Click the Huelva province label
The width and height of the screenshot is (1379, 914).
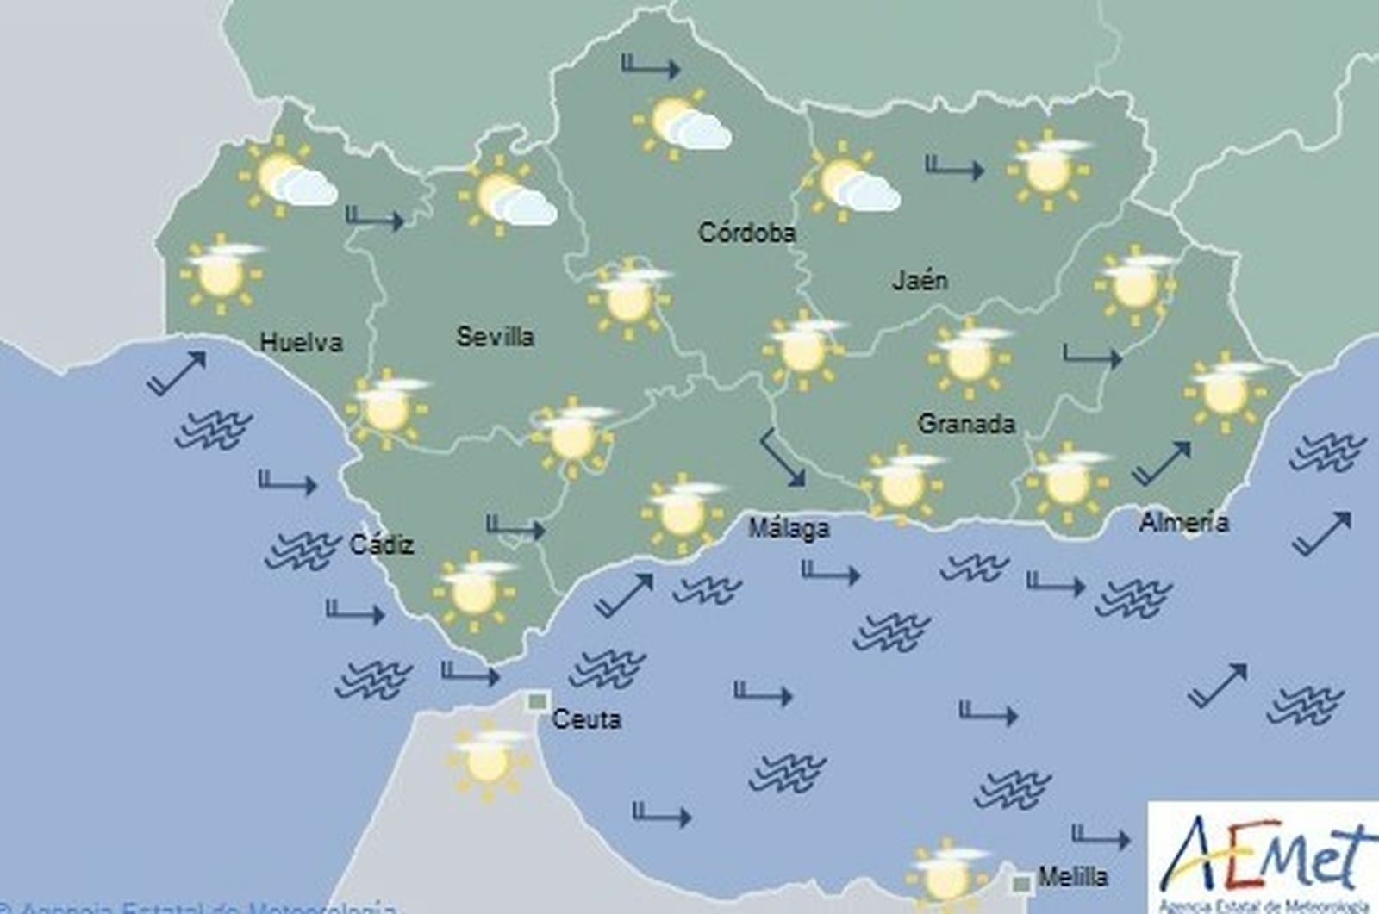coord(301,343)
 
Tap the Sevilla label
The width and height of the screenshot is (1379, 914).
coord(495,336)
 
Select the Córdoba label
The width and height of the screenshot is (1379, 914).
coord(746,233)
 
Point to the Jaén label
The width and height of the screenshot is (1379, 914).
coord(920,280)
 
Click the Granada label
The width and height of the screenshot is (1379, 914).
coord(966,423)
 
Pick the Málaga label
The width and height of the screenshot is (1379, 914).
coord(789,528)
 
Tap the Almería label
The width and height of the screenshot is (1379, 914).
coord(1183,522)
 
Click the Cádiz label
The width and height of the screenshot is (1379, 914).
coord(382,544)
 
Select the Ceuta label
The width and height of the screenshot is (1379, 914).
coord(586,718)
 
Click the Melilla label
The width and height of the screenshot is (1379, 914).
coord(1073,878)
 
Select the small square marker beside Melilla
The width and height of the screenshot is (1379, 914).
coord(1023,882)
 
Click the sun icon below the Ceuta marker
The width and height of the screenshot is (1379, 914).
coord(487,761)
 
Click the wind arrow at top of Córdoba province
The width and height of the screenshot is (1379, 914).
coord(651,66)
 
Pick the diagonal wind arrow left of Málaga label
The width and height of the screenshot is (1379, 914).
coord(783,458)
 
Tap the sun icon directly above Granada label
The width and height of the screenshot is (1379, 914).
coord(970,358)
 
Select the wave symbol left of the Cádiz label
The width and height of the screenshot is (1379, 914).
coord(302,549)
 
